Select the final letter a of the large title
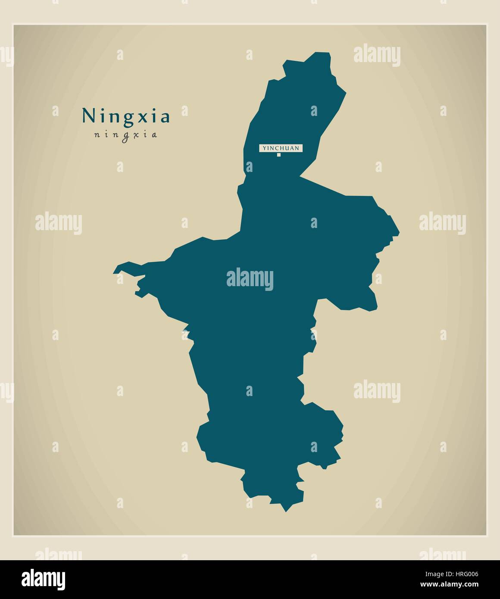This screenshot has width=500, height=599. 165,118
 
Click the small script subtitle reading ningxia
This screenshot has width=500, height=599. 125,135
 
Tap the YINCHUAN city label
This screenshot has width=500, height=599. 281,148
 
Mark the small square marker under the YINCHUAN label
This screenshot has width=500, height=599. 279,155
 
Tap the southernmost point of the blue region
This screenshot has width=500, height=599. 285,511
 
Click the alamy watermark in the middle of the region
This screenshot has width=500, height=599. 250,278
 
